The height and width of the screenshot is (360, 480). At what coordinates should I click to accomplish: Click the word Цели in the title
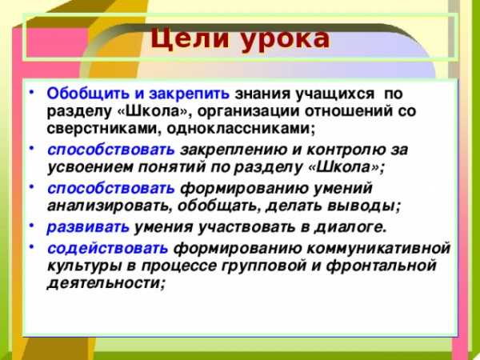click(189, 40)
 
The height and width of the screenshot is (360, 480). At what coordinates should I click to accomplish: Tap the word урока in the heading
click(285, 41)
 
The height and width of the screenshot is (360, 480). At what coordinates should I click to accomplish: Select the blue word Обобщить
click(88, 94)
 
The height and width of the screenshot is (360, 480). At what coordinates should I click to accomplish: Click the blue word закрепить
click(189, 94)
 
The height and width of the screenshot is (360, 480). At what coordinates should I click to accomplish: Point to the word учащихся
click(334, 94)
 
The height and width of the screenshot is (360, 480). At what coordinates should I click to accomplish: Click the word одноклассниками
click(239, 129)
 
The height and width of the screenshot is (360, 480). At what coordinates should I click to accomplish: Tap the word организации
click(247, 111)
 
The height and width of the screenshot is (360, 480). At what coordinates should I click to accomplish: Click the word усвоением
click(90, 168)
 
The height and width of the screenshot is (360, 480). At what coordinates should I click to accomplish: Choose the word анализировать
click(107, 206)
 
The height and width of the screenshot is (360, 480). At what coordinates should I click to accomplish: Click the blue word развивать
click(88, 227)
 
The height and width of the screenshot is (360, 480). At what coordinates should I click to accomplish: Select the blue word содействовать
click(107, 248)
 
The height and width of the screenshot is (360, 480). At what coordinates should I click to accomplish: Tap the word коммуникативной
click(378, 248)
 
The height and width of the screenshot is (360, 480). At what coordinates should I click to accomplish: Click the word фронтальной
click(381, 266)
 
